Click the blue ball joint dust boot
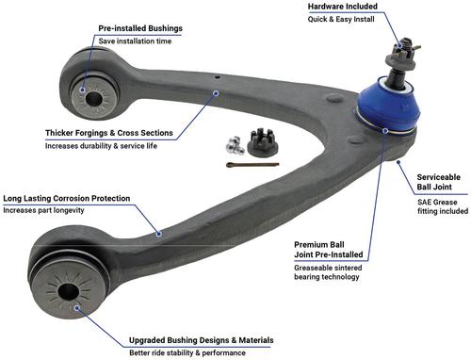point(388,106)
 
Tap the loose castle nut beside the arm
point(262,142)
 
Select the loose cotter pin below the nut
point(252,165)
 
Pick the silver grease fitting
point(235,145)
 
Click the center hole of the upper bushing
point(93,99)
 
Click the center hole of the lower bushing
point(68,292)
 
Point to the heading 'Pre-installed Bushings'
point(140,28)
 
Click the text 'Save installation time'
point(135,41)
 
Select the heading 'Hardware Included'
point(342,7)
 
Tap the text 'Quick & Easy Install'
point(341,19)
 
